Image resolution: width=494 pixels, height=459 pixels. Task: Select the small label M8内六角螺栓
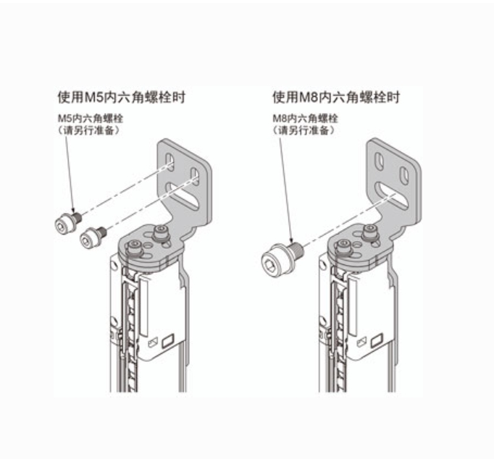(x=304, y=118)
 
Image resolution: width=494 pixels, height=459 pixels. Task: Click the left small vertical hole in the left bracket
(x=169, y=161)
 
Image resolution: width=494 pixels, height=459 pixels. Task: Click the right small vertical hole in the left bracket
(x=194, y=175)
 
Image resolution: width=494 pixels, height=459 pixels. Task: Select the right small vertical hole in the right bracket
(x=405, y=174)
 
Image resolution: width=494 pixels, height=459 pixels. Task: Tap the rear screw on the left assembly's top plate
(x=161, y=232)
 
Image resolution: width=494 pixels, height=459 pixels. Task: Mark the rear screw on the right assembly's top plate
(x=371, y=232)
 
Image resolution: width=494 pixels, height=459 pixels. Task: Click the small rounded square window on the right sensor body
(x=378, y=339)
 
